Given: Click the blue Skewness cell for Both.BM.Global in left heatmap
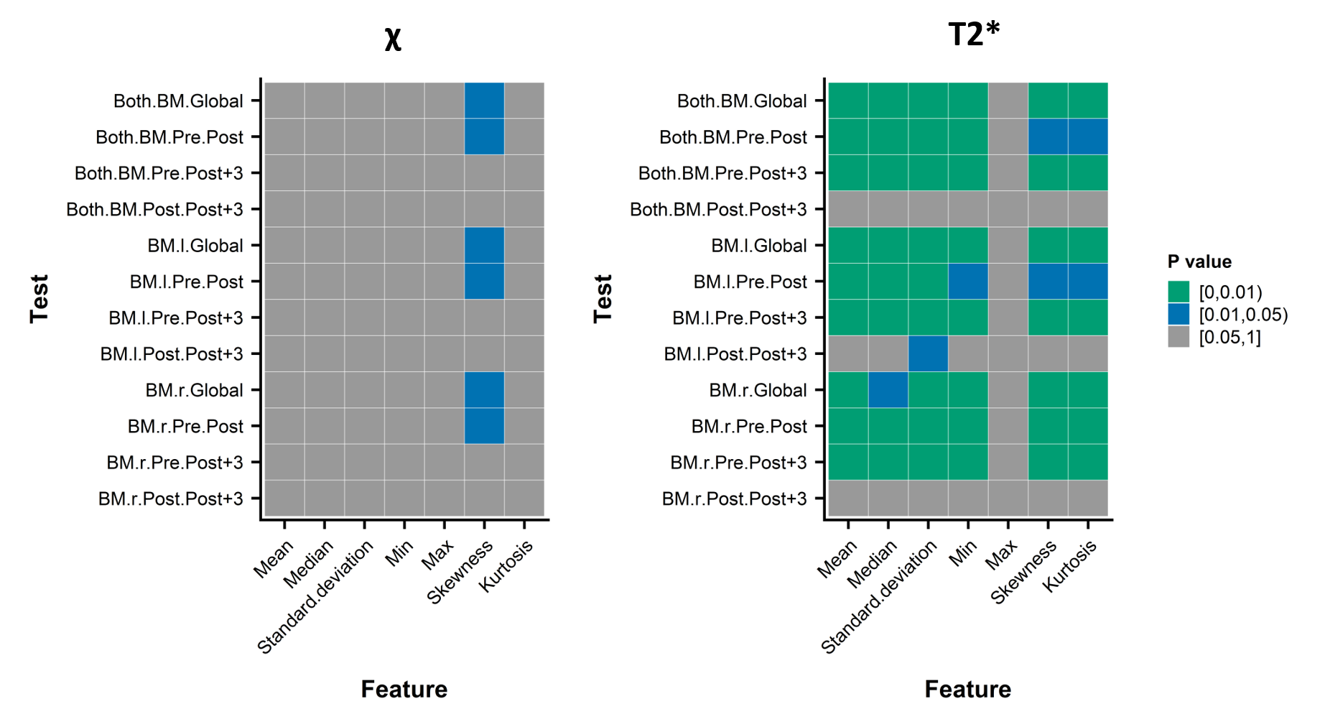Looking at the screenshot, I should point(484,101).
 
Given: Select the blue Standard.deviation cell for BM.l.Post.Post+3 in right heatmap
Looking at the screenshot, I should point(928,353).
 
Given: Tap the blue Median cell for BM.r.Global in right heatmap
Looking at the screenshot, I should point(888,390).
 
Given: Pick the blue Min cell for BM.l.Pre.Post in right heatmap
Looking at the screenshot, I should point(968,282).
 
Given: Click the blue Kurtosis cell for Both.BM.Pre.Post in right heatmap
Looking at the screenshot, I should point(1088,136).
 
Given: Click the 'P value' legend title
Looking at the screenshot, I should point(1199,261).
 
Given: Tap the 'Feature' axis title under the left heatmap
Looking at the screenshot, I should point(404,689).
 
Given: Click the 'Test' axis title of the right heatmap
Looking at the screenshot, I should point(603,299).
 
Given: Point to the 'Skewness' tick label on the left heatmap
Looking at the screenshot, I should point(460,572).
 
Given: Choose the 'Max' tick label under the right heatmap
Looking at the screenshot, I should point(1001,555).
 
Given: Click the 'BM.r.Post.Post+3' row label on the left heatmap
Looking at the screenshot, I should point(171,499).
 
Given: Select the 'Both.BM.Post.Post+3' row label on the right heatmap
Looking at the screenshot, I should point(718,209).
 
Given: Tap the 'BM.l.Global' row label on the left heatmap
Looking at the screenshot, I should point(195,246).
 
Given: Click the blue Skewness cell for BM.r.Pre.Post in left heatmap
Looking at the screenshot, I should point(484,426).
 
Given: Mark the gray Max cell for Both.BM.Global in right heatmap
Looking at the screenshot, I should point(1008,101).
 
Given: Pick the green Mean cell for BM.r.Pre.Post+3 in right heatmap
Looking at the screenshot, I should point(848,462).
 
